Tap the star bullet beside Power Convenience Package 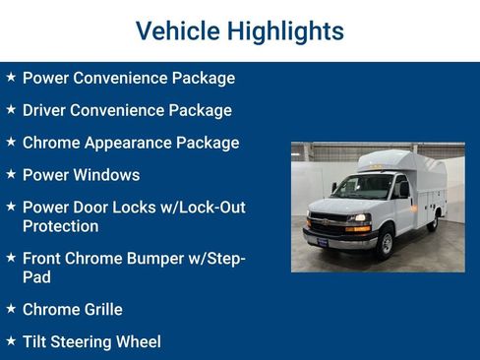tap(11, 77)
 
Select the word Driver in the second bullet tap(47, 110)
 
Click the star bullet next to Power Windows tap(11, 174)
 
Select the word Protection tap(60, 226)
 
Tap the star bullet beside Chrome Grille tap(11, 309)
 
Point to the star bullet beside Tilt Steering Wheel tap(11, 341)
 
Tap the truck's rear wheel tap(433, 222)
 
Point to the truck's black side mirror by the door tap(402, 189)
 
